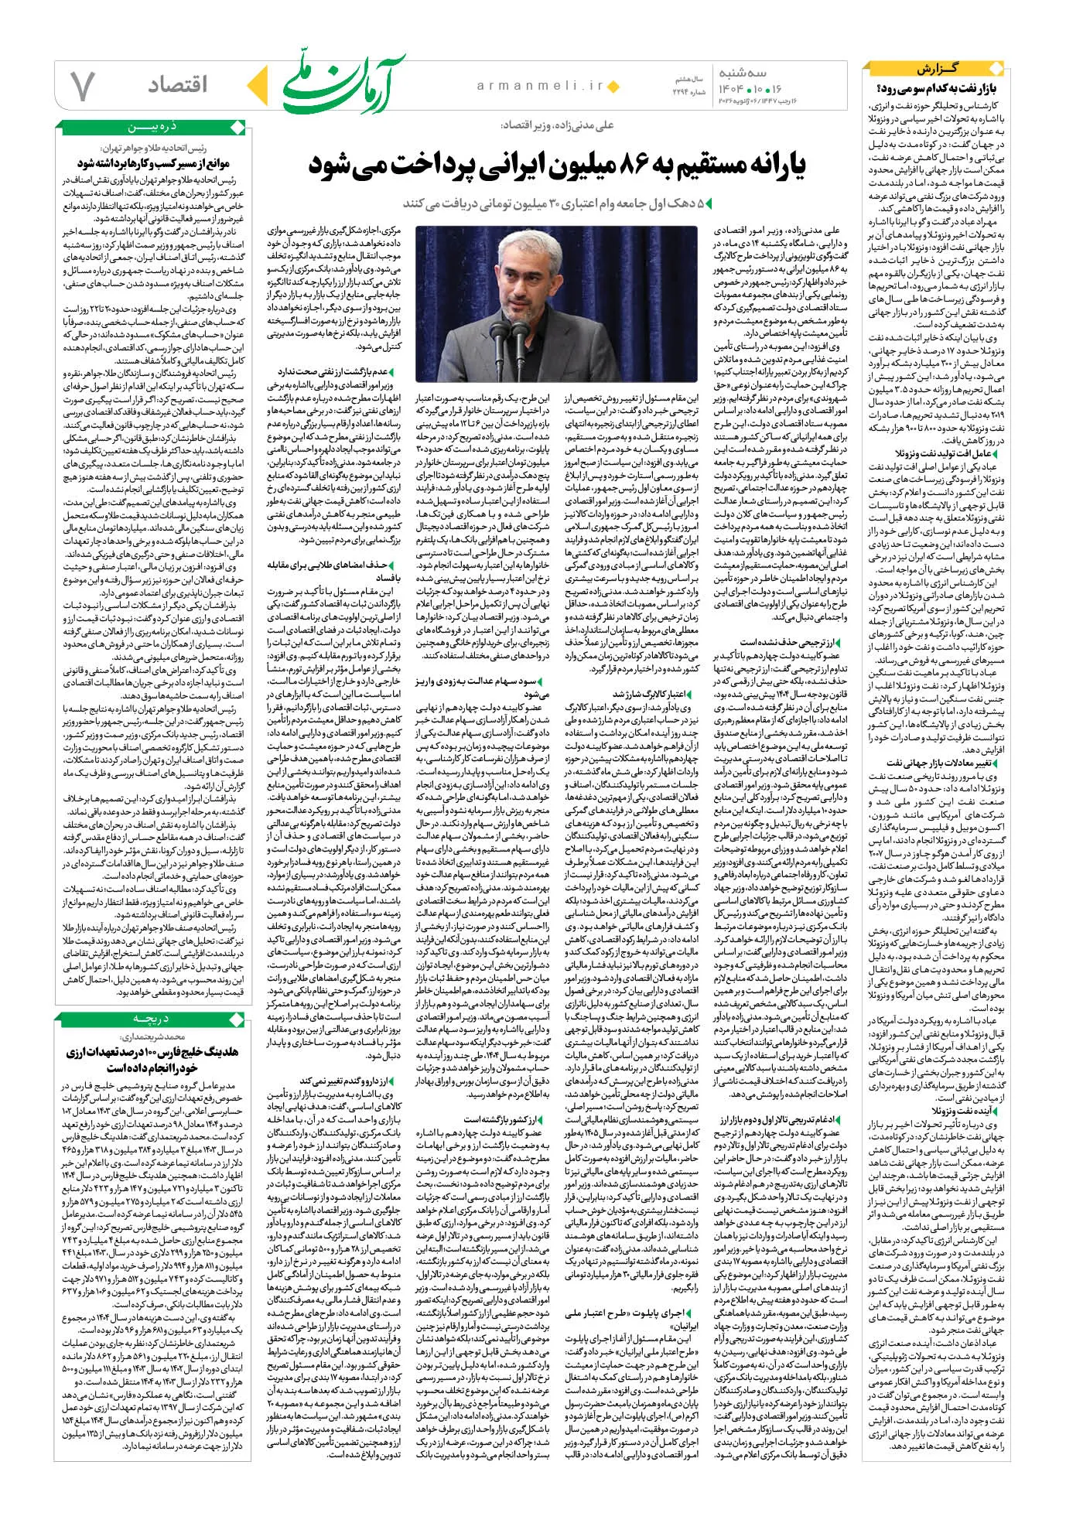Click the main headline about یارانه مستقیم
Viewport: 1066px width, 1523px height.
[557, 165]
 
